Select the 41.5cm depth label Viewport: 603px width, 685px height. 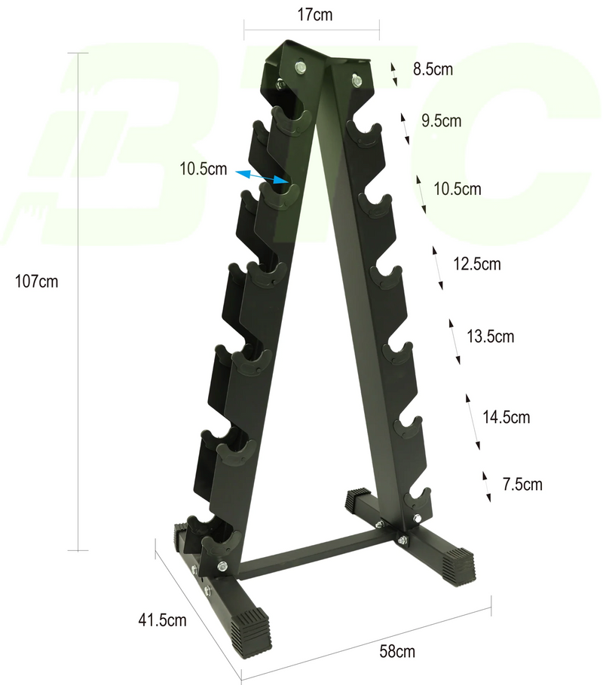tap(162, 620)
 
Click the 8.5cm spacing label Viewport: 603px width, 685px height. tap(433, 70)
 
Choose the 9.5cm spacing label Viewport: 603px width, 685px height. tap(442, 120)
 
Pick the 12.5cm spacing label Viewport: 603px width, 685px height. tap(476, 264)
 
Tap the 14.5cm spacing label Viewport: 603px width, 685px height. tap(505, 416)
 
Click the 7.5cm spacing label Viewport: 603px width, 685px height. tap(522, 484)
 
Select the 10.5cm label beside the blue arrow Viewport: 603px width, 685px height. tap(204, 169)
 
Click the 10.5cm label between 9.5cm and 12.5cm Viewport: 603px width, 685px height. tap(458, 189)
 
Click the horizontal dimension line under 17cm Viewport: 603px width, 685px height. tap(311, 30)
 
